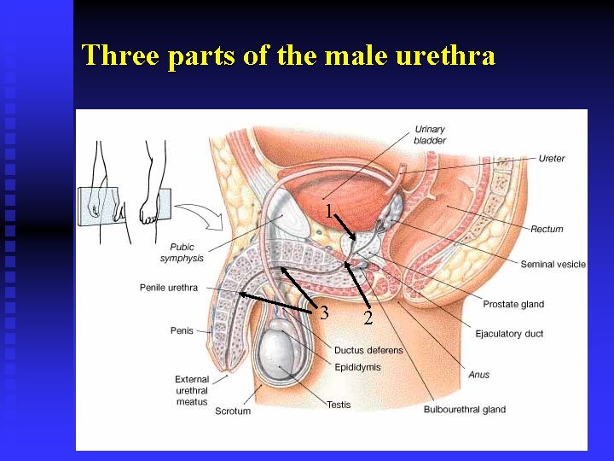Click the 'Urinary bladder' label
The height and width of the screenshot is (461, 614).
[430, 135]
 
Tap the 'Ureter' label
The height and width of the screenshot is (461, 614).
[552, 159]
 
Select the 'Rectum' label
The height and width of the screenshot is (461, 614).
[547, 229]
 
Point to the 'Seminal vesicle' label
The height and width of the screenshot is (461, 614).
[553, 265]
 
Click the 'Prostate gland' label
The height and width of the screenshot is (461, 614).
[513, 305]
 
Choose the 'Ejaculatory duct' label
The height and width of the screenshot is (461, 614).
[509, 334]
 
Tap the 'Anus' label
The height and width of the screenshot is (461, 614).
[479, 375]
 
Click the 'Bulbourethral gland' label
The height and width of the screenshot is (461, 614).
[465, 410]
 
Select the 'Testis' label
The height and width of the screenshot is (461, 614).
[339, 405]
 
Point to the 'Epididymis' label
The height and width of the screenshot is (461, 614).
[357, 367]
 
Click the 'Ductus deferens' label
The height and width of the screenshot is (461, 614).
[368, 351]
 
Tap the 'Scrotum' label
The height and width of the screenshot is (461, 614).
[233, 411]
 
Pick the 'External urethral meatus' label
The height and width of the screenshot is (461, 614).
[192, 391]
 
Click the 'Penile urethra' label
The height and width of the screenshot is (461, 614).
[169, 288]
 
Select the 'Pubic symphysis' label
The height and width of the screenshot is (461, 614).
[182, 253]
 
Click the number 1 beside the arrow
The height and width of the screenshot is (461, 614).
[328, 211]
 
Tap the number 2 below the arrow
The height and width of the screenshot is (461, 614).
[368, 318]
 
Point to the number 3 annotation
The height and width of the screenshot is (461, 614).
[324, 313]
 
